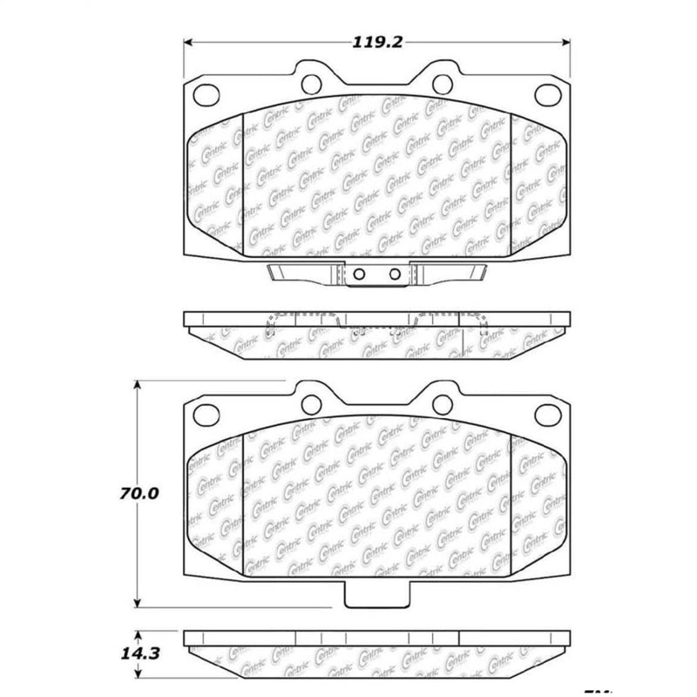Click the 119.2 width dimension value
click(376, 40)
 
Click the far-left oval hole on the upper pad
click(206, 93)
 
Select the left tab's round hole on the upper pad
click(311, 83)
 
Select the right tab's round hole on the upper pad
click(443, 83)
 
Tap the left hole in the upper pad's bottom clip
click(357, 275)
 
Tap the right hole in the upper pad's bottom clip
click(395, 275)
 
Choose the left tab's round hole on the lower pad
click(311, 402)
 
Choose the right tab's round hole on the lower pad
click(443, 402)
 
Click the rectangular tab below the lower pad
click(376, 596)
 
